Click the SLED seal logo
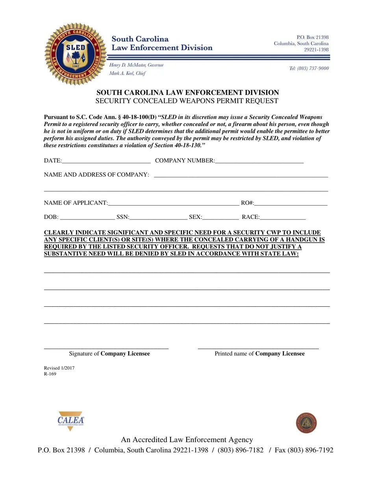(x=76, y=54)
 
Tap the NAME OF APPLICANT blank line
(x=173, y=203)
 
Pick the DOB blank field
(x=88, y=218)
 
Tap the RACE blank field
(x=283, y=218)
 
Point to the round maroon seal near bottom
(x=306, y=423)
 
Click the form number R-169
(x=50, y=374)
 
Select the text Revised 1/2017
(x=59, y=368)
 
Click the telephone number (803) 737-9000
(x=309, y=68)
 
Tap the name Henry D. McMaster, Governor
(x=136, y=65)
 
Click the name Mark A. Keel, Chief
(x=127, y=73)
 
